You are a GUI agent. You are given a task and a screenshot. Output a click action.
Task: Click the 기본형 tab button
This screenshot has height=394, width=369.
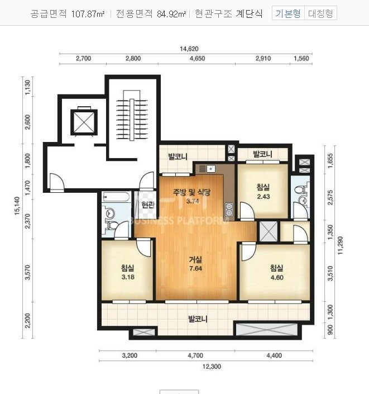point(288,13)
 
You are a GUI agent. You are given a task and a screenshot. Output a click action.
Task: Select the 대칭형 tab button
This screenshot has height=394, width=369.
point(320,13)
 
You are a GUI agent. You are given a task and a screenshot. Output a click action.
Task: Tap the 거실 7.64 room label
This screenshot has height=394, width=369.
point(195,264)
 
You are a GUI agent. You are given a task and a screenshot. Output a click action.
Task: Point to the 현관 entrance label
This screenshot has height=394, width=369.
point(148,205)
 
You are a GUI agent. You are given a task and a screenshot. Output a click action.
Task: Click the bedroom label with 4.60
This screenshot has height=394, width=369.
point(277,273)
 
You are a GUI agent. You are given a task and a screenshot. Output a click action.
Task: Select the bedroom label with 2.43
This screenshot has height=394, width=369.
point(263,192)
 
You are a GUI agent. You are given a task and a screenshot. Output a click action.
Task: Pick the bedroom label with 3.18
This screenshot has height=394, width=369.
point(128,272)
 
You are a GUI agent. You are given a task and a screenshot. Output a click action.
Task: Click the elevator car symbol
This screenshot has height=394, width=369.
point(84,122)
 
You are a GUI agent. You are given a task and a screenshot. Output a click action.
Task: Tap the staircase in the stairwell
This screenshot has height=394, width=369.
point(132,115)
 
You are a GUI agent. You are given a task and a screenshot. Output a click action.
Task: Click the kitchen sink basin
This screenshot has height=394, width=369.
point(211,169)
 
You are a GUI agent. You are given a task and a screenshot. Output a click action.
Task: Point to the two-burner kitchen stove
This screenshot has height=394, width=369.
point(229,210)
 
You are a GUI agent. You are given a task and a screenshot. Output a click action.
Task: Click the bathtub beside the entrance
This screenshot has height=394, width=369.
point(116,197)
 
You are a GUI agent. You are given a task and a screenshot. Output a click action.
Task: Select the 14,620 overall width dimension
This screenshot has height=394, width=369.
point(189,49)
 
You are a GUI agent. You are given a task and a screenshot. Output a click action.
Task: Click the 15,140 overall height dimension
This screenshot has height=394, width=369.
point(17,206)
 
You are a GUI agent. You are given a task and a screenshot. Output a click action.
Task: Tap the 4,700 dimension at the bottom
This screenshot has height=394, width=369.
point(195,355)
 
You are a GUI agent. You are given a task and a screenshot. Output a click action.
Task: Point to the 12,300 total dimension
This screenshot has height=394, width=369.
point(212,367)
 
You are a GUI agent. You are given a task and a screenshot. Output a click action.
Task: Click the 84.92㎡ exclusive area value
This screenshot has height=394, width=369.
point(172,14)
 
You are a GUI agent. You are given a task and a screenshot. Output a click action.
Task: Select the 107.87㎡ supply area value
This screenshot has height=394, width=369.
point(88,14)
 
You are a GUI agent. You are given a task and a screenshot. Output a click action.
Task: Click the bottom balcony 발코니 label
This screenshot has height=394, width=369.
point(198,319)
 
